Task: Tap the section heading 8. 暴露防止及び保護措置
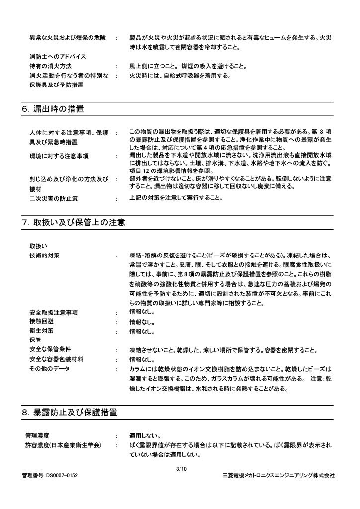coord(69,412)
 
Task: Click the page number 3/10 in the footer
coord(181,469)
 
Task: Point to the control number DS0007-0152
coord(50,475)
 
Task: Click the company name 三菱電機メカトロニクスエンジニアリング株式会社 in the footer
coord(278,475)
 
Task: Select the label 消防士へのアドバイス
coord(57,56)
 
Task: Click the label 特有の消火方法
coord(50,66)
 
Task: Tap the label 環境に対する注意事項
coord(59,156)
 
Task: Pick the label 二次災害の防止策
coord(54,198)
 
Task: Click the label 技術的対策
coord(44,255)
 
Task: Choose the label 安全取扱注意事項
coord(53,312)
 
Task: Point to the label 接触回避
coord(41,321)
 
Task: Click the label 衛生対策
coord(41,331)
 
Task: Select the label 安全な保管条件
coord(50,349)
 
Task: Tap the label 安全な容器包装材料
coord(56,359)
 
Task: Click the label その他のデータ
coord(50,368)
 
